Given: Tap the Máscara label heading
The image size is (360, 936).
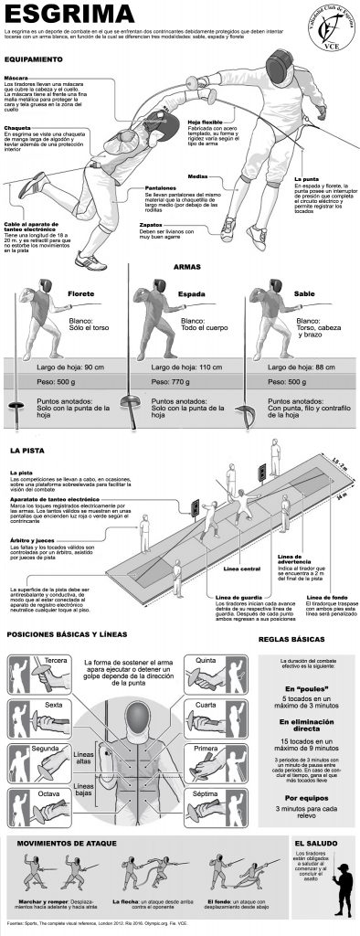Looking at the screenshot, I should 16,79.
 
